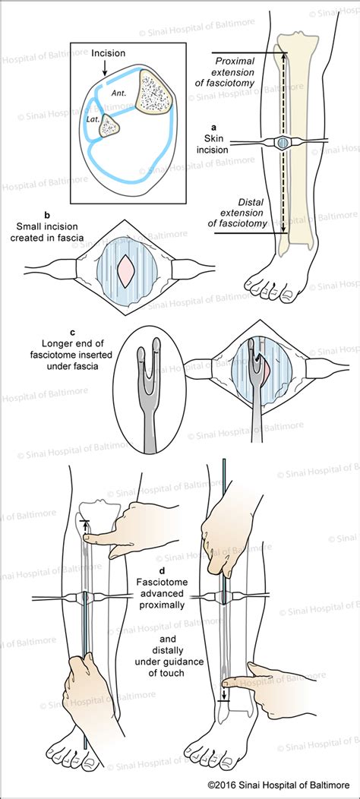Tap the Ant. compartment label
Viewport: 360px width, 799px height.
pos(119,92)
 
